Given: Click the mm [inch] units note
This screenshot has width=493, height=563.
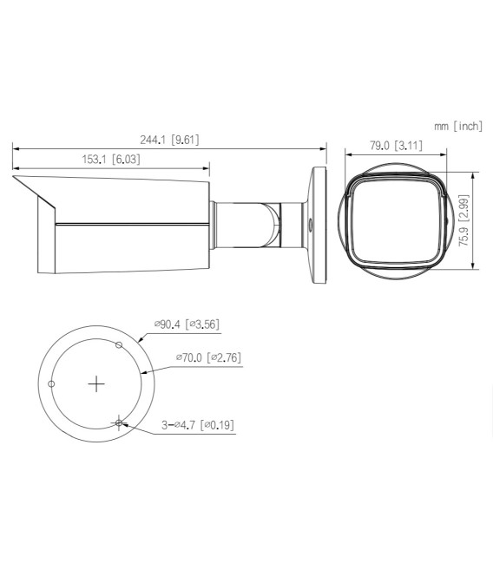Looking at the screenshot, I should pos(457,127).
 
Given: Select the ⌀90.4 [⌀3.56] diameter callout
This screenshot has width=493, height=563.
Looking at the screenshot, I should pos(187,324).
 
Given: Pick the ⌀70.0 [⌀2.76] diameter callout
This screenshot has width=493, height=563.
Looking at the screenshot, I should pos(207,357).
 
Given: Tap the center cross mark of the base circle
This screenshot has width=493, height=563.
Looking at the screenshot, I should pos(97,383).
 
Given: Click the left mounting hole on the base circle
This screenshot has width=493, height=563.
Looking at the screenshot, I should pos(52,383).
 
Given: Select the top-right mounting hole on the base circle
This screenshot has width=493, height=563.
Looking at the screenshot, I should pos(120,344).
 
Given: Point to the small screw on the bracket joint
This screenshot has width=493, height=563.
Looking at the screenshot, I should pos(311,222).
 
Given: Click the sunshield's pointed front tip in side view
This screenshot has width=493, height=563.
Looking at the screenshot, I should pos(14,177).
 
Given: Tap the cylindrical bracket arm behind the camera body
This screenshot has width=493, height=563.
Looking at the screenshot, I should pos(247,222).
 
